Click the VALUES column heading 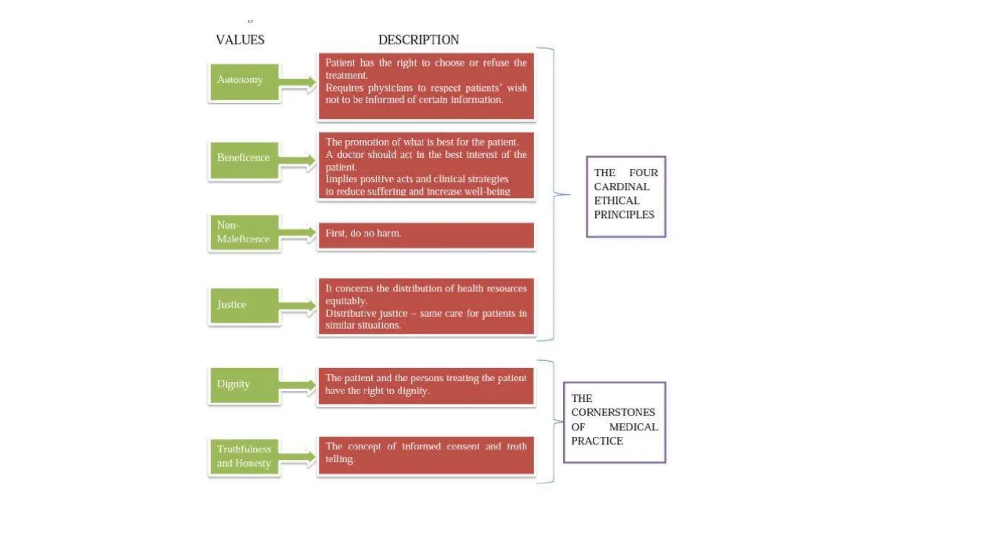tap(240, 40)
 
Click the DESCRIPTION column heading tap(419, 40)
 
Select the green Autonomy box tap(244, 82)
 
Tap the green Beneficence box tap(244, 160)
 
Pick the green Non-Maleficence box tap(244, 232)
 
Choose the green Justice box tap(244, 306)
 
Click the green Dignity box tap(244, 385)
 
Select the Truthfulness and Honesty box tap(244, 457)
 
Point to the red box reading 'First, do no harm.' tap(426, 235)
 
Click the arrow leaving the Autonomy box tap(297, 82)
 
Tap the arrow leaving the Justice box tap(297, 306)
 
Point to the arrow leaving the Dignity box tap(297, 385)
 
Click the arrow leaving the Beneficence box tap(297, 161)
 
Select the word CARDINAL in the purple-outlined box tap(622, 187)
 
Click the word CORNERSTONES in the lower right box tap(613, 413)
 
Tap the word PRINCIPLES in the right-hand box tap(624, 215)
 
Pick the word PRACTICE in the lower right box tap(597, 441)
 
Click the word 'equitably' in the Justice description tap(345, 301)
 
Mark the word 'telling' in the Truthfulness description tap(340, 459)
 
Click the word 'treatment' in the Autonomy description tap(346, 75)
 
